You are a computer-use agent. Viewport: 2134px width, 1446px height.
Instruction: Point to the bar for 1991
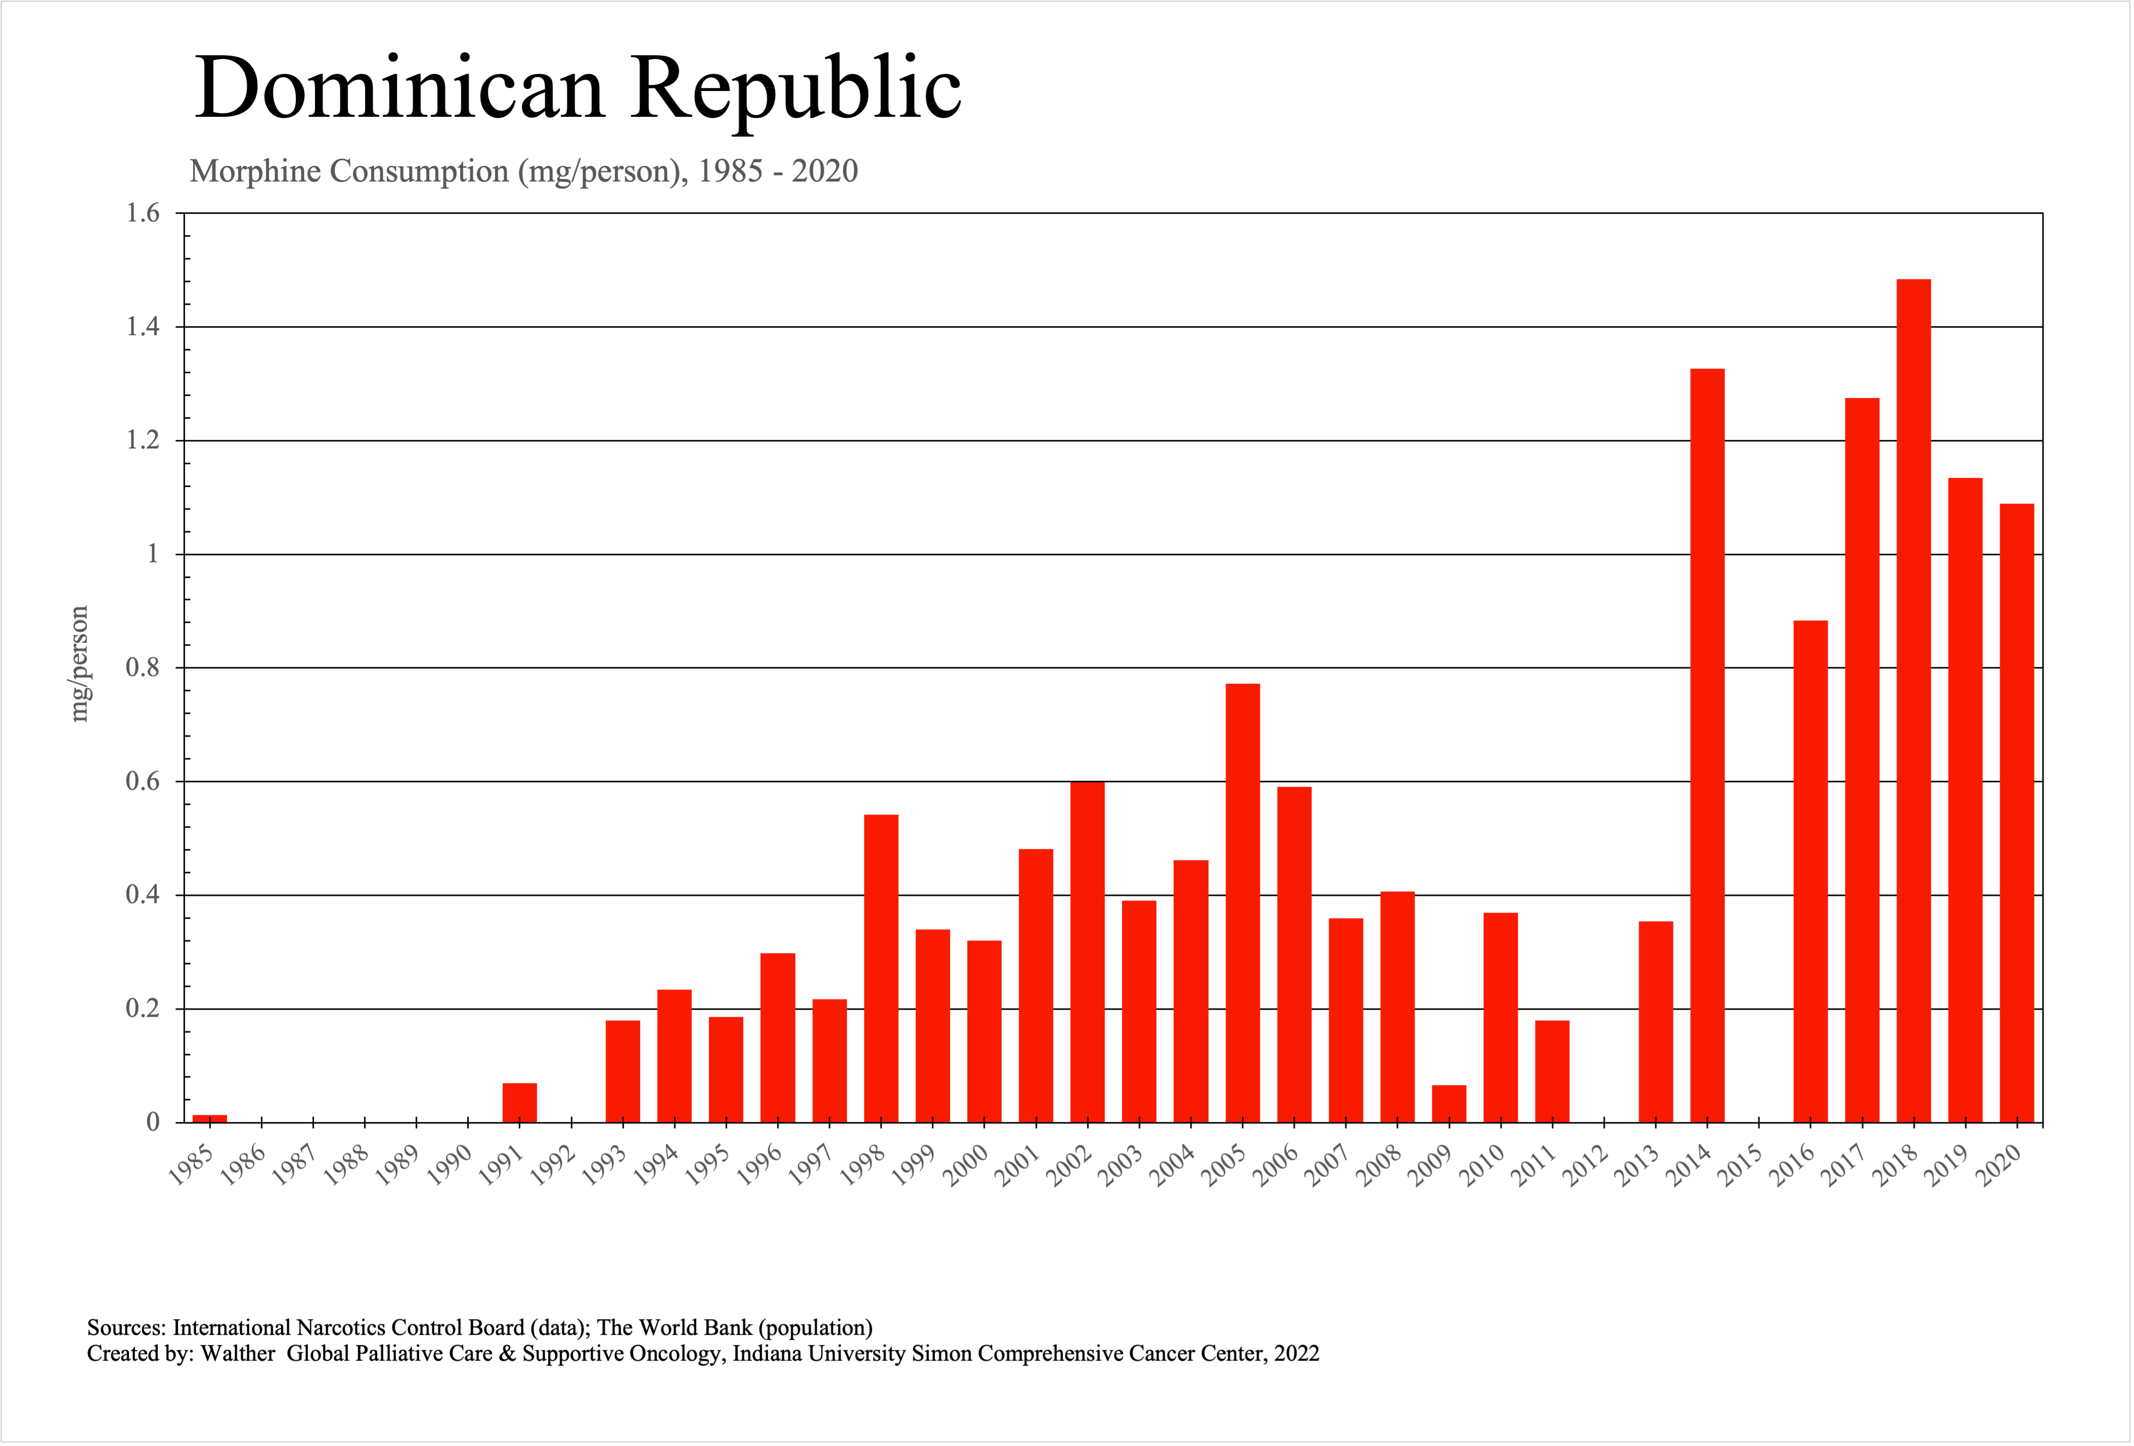(520, 1103)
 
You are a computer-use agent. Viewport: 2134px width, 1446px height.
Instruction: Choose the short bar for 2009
(1449, 1104)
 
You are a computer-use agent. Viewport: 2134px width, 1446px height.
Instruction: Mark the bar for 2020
(2017, 812)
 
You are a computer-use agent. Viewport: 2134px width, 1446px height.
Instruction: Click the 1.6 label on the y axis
(143, 213)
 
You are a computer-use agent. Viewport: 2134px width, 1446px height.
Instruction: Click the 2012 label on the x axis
(1586, 1166)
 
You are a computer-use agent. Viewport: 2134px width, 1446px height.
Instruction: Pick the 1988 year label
(346, 1166)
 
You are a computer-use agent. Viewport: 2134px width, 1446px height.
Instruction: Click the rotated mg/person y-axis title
(80, 664)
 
